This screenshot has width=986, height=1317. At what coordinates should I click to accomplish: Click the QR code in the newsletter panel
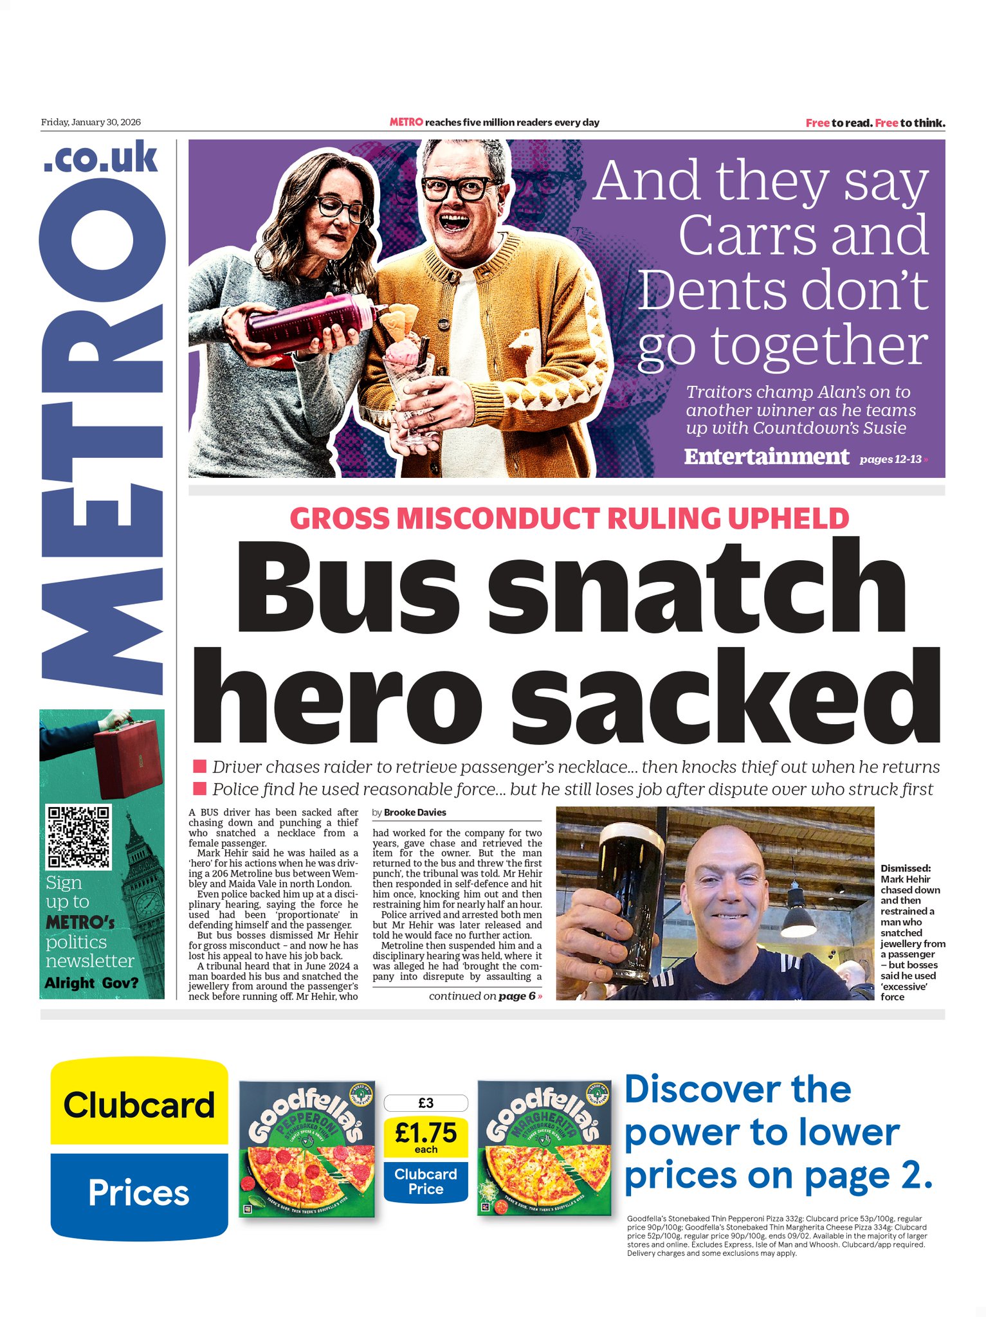point(79,836)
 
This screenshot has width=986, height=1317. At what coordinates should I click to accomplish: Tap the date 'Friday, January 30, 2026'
point(91,122)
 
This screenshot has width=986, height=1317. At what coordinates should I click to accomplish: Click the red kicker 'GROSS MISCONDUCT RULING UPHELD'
point(569,519)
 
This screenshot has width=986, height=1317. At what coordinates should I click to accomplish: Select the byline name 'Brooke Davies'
point(415,812)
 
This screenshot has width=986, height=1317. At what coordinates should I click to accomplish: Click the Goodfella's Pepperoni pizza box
point(307,1149)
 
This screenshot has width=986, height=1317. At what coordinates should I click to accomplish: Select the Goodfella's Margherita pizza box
point(544,1149)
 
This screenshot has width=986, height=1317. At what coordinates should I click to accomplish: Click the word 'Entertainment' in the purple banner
point(766,457)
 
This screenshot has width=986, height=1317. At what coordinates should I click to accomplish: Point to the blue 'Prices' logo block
point(139,1193)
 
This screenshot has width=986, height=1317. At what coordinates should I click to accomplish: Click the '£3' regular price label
point(426,1103)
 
